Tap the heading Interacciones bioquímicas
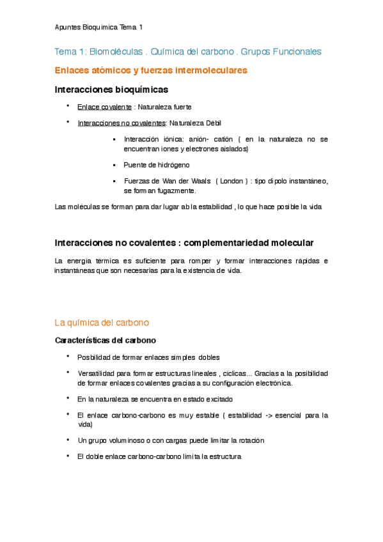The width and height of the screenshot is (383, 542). click(112, 89)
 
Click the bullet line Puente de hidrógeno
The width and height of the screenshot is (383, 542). click(157, 165)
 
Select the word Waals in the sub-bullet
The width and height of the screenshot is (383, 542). click(201, 181)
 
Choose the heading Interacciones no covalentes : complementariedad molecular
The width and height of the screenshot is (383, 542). click(184, 244)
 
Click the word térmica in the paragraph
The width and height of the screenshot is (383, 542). click(112, 261)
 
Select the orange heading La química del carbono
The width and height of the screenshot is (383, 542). click(102, 323)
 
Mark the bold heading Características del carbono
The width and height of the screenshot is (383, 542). click(106, 340)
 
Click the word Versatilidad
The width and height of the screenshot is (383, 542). click(97, 373)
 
